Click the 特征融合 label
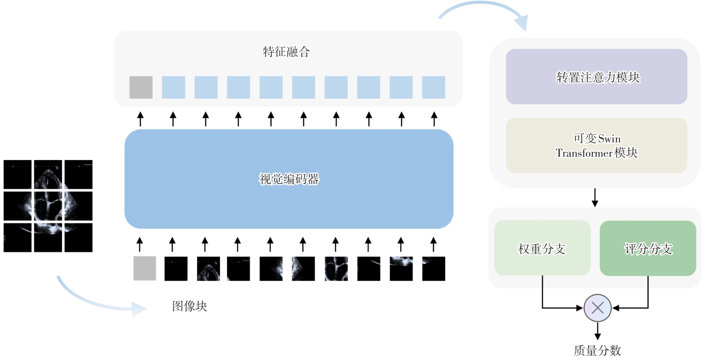(x=286, y=52)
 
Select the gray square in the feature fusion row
(x=141, y=87)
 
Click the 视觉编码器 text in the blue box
(x=289, y=179)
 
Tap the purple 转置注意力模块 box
(x=596, y=77)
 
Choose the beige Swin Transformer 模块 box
(x=596, y=146)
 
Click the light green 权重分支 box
(x=542, y=248)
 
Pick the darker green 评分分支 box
(x=648, y=248)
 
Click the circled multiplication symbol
(x=597, y=308)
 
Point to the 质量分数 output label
(x=597, y=350)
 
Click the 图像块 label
(x=189, y=306)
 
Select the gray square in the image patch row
(x=144, y=268)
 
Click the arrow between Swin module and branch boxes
(x=595, y=198)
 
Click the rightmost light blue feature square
(x=433, y=87)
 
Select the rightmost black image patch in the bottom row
(x=433, y=268)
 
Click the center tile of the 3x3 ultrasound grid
(x=48, y=206)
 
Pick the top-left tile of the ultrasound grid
(x=18, y=175)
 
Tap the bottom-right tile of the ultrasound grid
(x=79, y=237)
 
